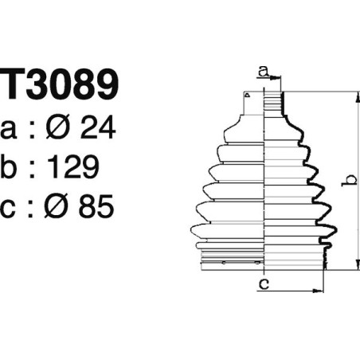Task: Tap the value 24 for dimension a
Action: (x=100, y=128)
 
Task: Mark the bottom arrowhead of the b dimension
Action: (x=357, y=268)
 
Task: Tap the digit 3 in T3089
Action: (x=47, y=87)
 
